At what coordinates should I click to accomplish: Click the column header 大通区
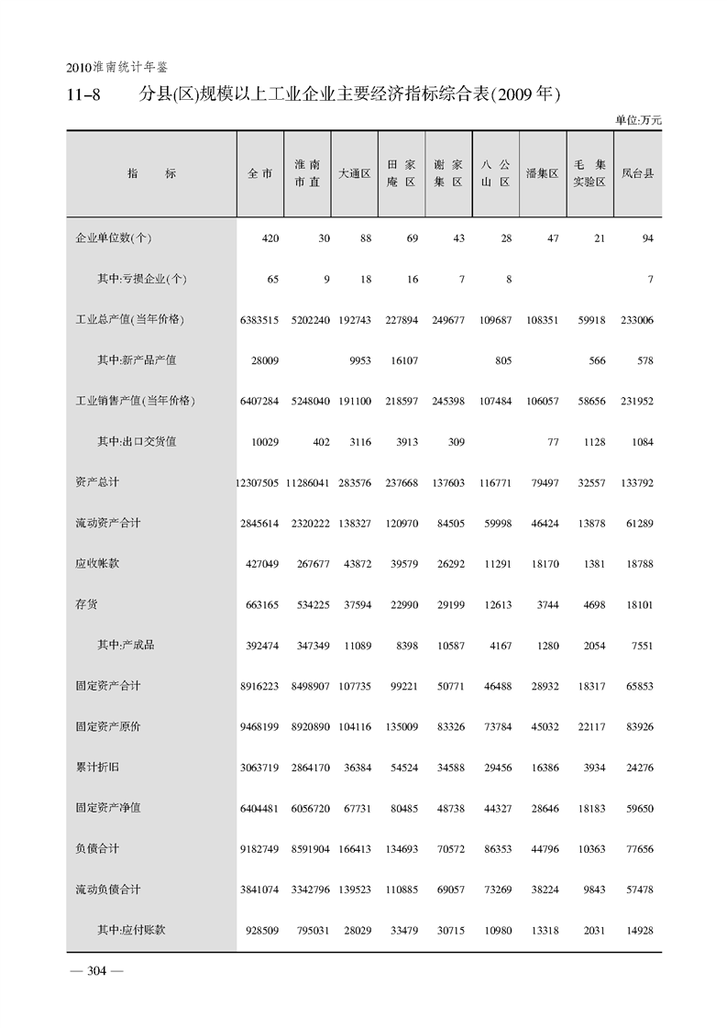click(354, 172)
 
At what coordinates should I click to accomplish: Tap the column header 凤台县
click(637, 172)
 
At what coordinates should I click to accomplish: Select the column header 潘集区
click(542, 172)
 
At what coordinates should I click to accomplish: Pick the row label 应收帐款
click(96, 563)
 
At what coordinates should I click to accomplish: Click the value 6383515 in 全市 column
click(259, 320)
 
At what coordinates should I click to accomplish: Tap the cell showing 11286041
click(308, 482)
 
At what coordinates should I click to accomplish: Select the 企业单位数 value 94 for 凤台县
click(646, 238)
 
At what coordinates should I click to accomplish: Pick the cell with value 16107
click(402, 361)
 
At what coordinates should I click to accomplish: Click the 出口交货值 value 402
click(319, 442)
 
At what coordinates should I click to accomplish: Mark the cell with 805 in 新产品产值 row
click(501, 361)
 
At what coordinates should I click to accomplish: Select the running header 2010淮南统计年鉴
click(116, 68)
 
